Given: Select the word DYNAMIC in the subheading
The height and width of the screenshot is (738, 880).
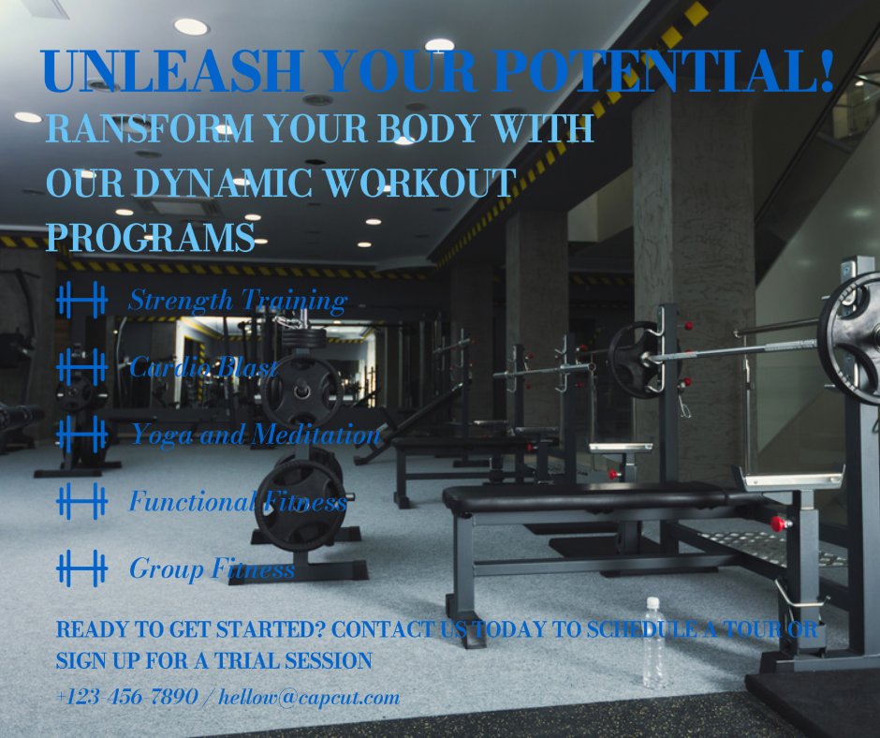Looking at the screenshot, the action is click(x=224, y=184).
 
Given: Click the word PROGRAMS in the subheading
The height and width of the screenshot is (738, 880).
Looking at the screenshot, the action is click(x=151, y=238).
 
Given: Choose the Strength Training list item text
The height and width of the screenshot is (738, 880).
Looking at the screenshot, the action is click(x=238, y=301).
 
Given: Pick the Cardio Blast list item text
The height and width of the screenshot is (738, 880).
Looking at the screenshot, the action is click(x=203, y=367).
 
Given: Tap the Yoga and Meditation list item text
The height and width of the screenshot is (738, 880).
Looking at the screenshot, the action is click(x=256, y=435).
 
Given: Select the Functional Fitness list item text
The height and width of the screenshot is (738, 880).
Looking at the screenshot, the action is click(x=238, y=501).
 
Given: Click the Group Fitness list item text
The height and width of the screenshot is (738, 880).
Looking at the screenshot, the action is click(x=213, y=568).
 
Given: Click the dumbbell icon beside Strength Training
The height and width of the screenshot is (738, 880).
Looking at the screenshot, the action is click(x=82, y=300).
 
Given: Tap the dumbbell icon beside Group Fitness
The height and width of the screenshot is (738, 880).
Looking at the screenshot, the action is click(x=82, y=568).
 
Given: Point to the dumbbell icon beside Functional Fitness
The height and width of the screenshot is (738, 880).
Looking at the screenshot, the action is click(x=82, y=501).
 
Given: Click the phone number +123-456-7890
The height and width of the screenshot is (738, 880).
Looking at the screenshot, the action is click(x=126, y=697).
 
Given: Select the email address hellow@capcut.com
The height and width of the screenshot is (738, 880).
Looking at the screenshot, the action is click(x=309, y=698).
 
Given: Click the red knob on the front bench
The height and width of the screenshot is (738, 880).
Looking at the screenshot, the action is click(x=778, y=524).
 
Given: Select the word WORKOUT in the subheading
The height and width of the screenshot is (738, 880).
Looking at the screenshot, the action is click(x=421, y=184).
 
